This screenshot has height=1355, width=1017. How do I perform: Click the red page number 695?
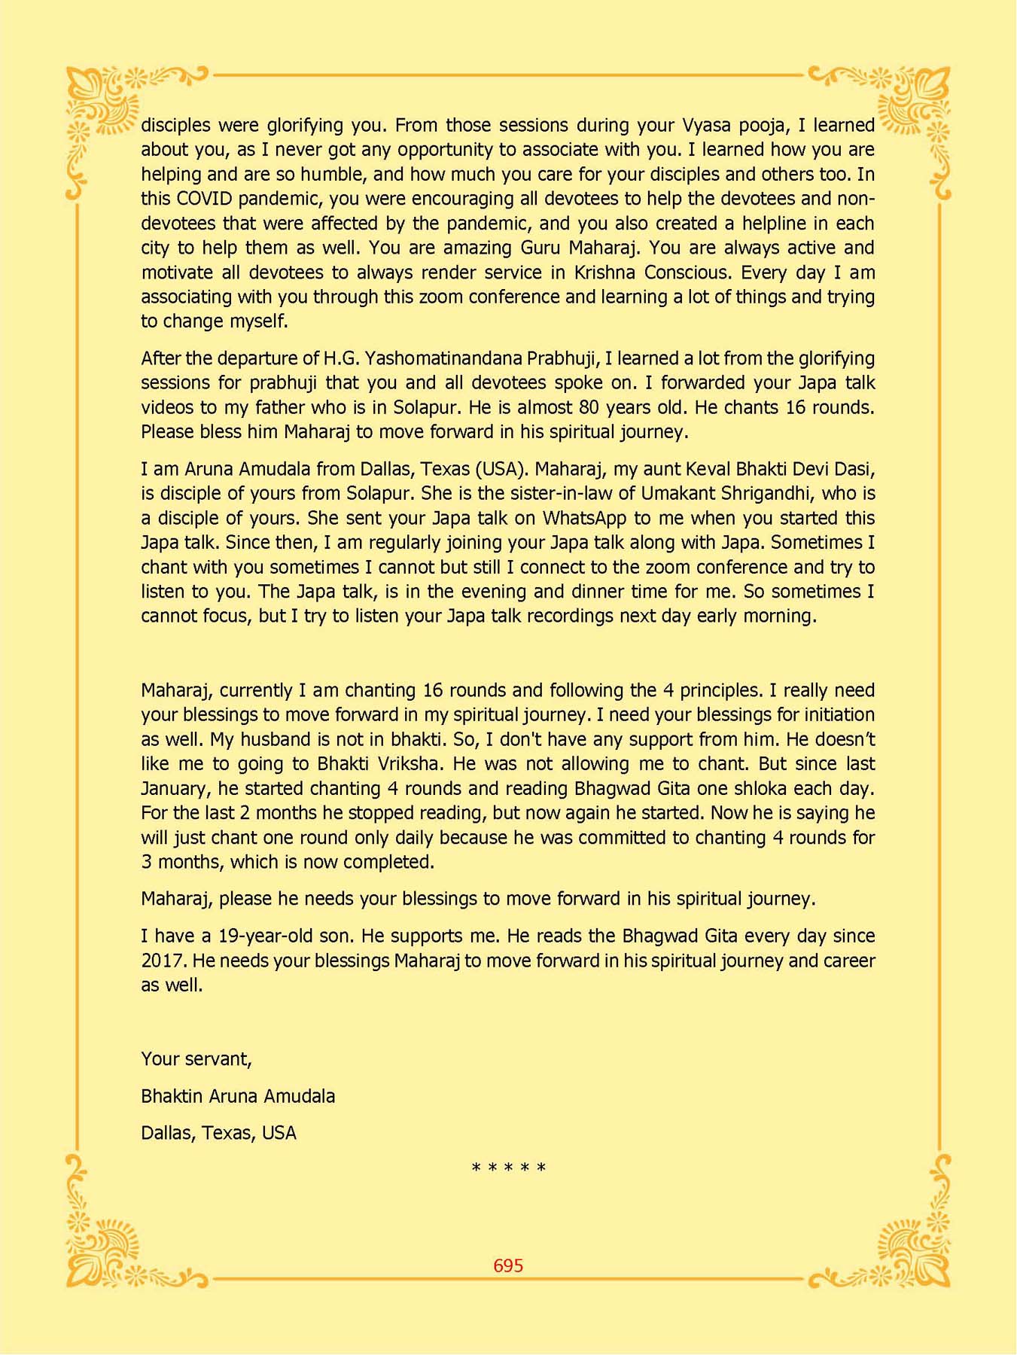point(508,1265)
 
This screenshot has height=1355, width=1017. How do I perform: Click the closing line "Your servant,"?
point(196,1058)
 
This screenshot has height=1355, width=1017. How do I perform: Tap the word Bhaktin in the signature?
point(169,1096)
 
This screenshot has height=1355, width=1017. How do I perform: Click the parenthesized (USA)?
point(499,469)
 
